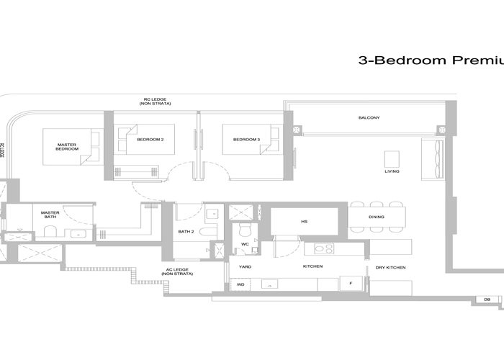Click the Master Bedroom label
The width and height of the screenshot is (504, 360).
[x=67, y=147]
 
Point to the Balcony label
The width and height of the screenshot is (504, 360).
[x=369, y=118]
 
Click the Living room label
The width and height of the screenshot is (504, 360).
[x=392, y=171]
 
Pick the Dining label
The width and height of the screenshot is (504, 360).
[x=376, y=217]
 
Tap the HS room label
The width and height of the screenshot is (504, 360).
[x=304, y=222]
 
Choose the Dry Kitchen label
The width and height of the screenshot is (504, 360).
[x=390, y=268]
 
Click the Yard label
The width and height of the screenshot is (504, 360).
[x=246, y=267]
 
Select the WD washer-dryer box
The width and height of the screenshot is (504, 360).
[x=240, y=285]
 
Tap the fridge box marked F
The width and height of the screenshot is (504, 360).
[x=350, y=284]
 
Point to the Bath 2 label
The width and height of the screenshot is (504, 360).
[x=185, y=231]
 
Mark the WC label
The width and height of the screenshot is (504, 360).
[x=245, y=244]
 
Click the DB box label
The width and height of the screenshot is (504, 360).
[x=487, y=299]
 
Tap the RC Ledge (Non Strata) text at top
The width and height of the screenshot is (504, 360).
[x=150, y=104]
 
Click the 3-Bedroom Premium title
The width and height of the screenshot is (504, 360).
[x=430, y=61]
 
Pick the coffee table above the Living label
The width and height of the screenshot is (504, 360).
[x=392, y=158]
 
